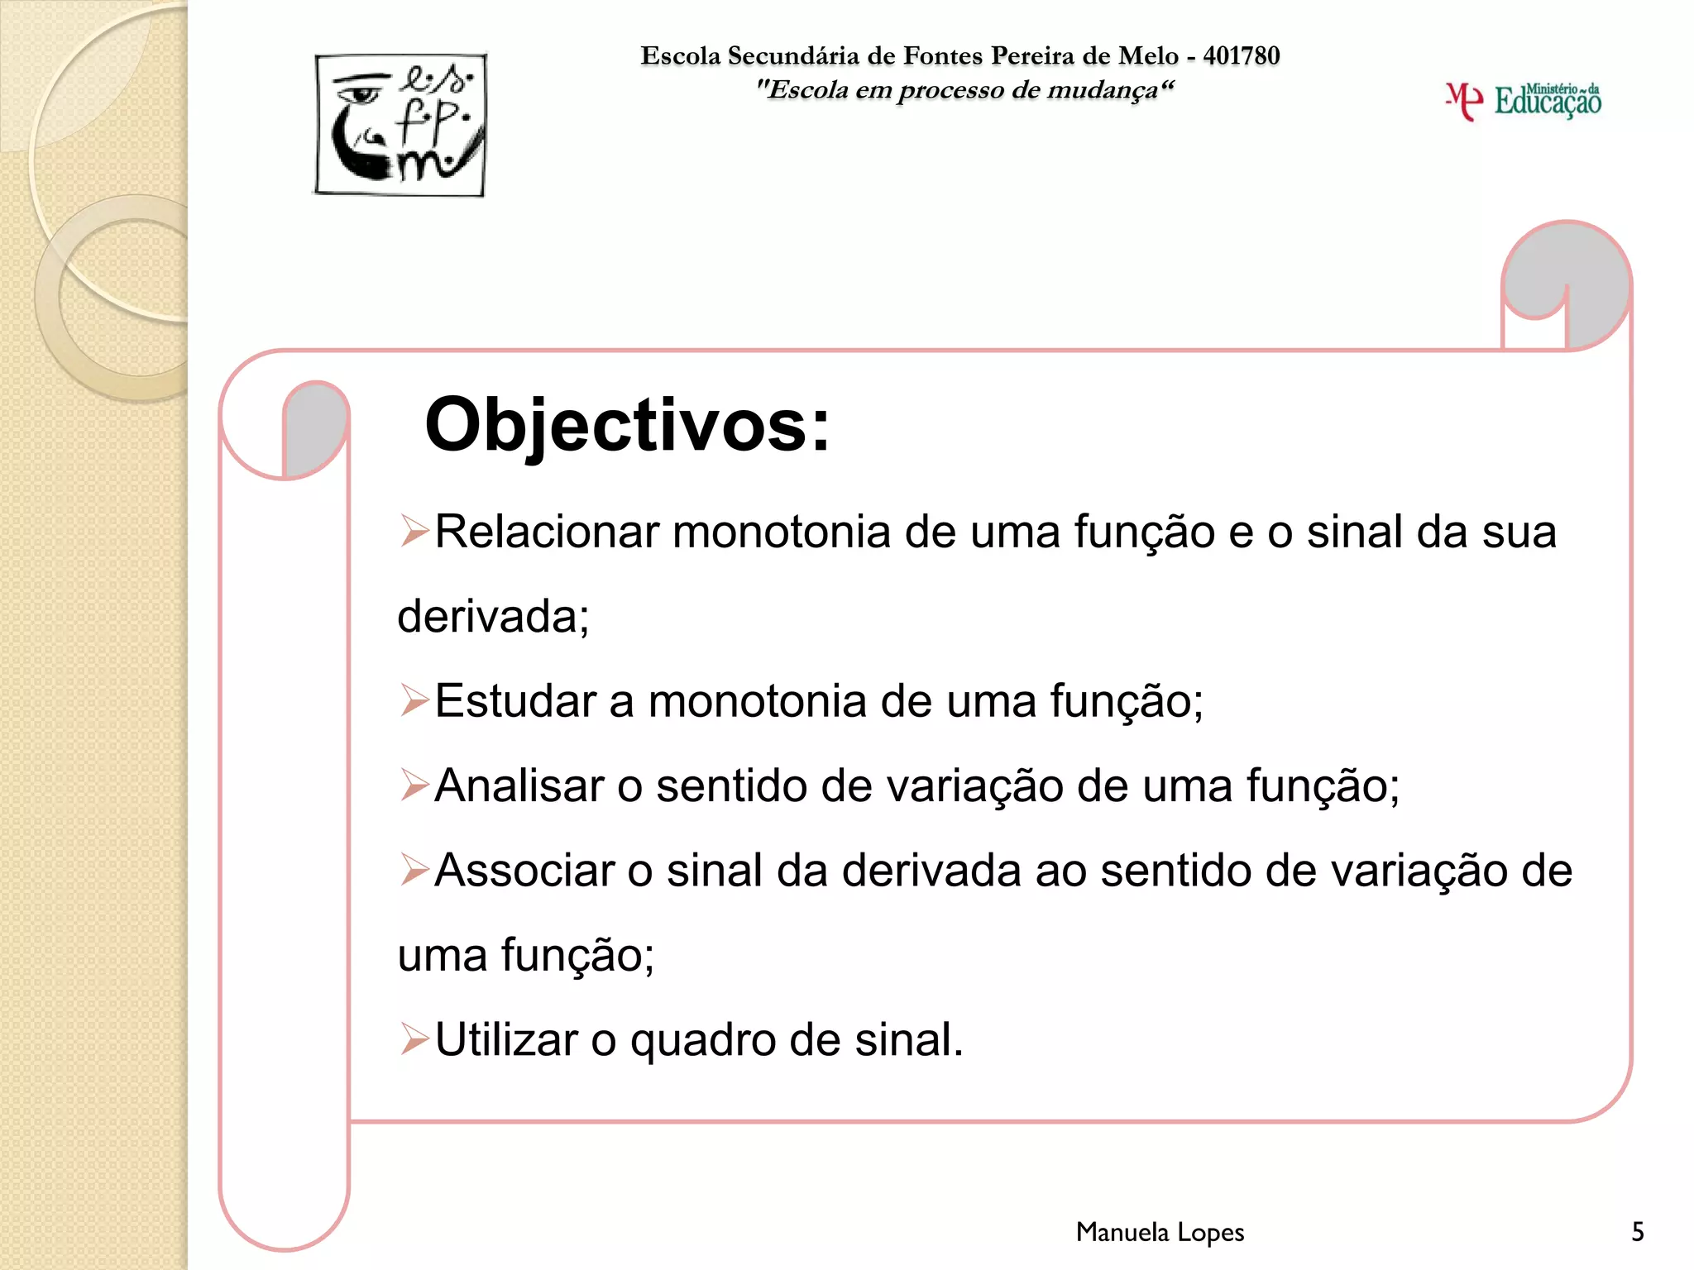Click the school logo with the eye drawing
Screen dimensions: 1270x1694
point(400,125)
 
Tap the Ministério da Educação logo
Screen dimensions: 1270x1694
point(1524,101)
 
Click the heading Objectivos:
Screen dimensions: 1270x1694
point(627,425)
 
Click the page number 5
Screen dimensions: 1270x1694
point(1637,1232)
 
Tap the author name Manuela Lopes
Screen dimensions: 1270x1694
point(1160,1232)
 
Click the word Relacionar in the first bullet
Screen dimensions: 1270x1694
point(546,532)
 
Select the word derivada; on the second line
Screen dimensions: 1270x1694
point(493,617)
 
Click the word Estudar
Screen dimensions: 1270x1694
point(514,701)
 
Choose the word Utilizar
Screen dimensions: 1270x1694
point(505,1039)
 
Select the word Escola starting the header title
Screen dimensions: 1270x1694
point(681,55)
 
